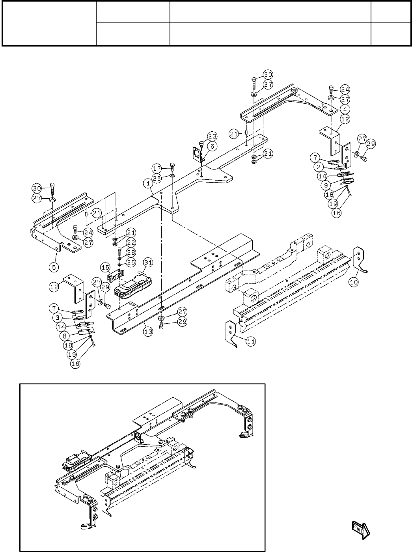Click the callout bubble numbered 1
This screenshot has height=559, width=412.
(x=148, y=184)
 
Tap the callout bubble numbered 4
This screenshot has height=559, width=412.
(x=345, y=109)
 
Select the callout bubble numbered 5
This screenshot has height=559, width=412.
(x=54, y=267)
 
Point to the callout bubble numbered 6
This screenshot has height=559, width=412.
(x=212, y=146)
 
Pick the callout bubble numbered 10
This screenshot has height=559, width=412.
(x=354, y=282)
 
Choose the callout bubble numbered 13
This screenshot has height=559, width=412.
(x=148, y=332)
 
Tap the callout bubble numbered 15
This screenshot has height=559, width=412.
(x=106, y=268)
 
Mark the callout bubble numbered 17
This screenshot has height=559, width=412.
(x=157, y=169)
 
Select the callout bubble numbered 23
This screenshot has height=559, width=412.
(x=213, y=136)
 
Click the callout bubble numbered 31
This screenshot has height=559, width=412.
(x=148, y=262)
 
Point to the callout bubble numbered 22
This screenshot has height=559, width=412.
(x=131, y=242)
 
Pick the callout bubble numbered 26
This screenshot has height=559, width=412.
(x=157, y=179)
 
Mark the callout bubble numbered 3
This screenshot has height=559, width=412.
(x=58, y=318)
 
